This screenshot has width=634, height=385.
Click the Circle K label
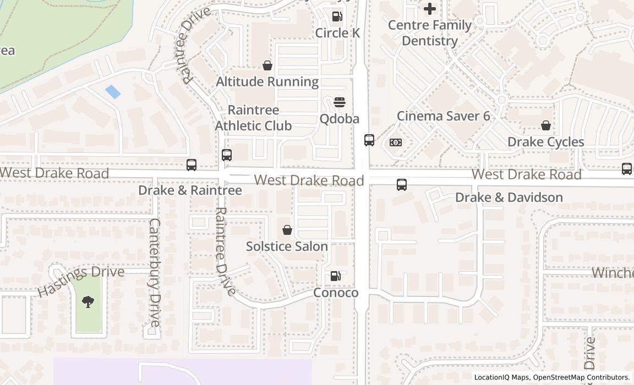click(x=337, y=33)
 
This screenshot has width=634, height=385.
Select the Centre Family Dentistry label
click(x=430, y=33)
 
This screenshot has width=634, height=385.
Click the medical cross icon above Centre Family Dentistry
click(x=430, y=8)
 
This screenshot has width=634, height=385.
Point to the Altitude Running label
click(x=267, y=82)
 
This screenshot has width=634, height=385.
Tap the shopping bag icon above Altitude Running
click(x=267, y=66)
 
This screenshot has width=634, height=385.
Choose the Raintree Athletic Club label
click(x=253, y=118)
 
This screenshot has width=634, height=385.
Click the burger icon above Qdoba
click(x=340, y=102)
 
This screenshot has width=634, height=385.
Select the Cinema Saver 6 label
click(x=443, y=116)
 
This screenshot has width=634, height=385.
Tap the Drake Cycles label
click(x=545, y=142)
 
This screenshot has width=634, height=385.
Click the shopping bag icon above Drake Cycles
click(x=545, y=126)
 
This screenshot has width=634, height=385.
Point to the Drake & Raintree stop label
click(x=190, y=190)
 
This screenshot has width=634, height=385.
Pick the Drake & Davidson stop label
click(x=509, y=197)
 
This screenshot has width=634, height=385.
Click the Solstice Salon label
click(x=287, y=246)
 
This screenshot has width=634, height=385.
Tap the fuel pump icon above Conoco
click(x=335, y=276)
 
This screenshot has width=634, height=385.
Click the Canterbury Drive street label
click(x=155, y=272)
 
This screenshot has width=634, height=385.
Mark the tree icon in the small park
click(x=88, y=301)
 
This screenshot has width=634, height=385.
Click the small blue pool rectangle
click(x=112, y=92)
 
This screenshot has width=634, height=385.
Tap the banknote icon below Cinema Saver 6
click(x=395, y=142)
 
